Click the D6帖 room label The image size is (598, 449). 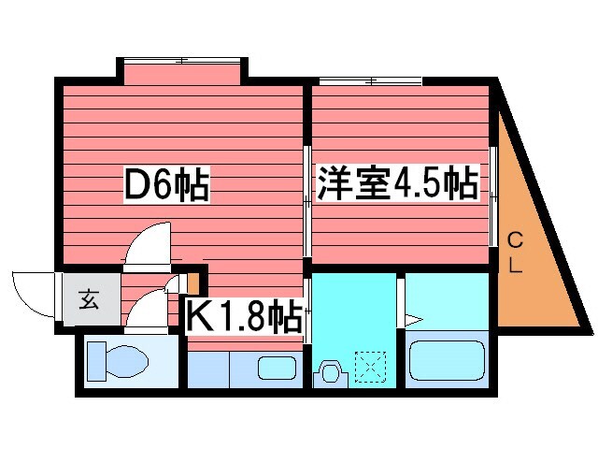[x=167, y=184]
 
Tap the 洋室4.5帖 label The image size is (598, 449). [x=397, y=182]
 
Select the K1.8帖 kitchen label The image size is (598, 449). [x=245, y=316]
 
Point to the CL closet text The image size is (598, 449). [x=515, y=253]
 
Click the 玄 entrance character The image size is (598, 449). [x=89, y=300]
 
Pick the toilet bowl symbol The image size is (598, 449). [x=113, y=360]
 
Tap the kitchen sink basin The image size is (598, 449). [x=276, y=368]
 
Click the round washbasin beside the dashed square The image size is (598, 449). [x=330, y=372]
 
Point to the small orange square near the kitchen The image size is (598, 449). [x=194, y=281]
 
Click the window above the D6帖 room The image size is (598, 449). [x=183, y=62]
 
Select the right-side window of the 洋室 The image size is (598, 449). [x=493, y=196]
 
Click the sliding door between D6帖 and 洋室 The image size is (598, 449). [x=307, y=201]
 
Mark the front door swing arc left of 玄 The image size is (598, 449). [x=30, y=292]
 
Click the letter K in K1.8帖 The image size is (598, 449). [x=199, y=316]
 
